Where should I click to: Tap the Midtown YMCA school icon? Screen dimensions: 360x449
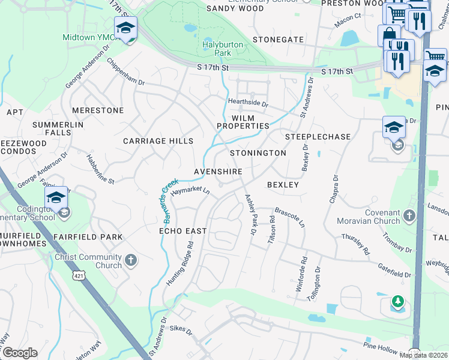coord(126,28)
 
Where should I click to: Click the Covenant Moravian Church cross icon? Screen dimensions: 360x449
coord(409,215)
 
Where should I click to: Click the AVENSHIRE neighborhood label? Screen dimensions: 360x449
coord(218,172)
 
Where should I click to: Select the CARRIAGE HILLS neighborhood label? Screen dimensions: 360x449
coord(158,141)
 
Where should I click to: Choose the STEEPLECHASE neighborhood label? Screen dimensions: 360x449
coord(318,137)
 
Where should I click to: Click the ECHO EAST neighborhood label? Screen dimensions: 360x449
coord(182,231)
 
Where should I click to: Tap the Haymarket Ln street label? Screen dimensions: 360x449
coord(190,191)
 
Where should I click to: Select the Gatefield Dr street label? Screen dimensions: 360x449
coord(394,269)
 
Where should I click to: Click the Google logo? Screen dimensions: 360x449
coord(20,353)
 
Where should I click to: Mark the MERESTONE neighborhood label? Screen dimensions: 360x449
coord(97,111)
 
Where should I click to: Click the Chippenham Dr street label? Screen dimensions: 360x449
coord(125,71)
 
